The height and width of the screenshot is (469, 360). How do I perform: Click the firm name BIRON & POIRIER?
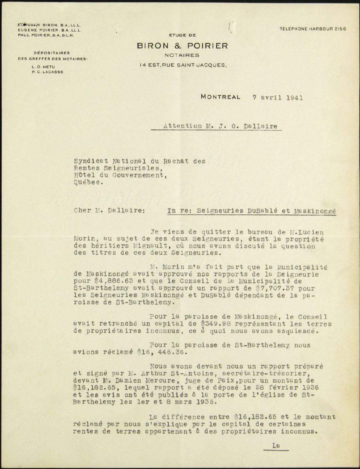tap(182, 46)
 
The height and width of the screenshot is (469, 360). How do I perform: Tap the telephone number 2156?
tap(339, 29)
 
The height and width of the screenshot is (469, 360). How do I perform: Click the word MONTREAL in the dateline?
tap(221, 97)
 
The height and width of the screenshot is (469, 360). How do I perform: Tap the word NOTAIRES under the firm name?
tap(182, 55)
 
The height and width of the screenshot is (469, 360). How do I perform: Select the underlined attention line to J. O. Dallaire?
tap(220, 126)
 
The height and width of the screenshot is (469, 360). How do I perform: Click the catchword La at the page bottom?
tap(276, 445)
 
